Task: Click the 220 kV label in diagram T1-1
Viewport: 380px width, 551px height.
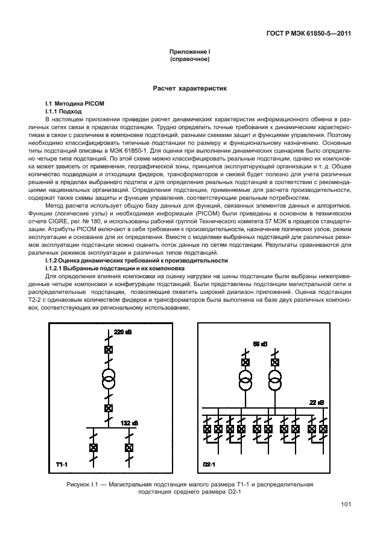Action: (122, 333)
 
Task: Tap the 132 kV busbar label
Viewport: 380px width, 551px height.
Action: (129, 422)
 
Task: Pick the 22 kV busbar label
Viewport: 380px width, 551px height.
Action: (316, 403)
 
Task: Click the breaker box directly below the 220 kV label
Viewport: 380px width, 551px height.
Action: (109, 349)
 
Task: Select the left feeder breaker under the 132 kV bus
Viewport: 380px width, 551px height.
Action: (93, 448)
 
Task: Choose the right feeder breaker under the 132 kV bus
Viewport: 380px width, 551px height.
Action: (128, 448)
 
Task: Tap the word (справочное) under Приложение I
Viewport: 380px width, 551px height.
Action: (189, 61)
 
